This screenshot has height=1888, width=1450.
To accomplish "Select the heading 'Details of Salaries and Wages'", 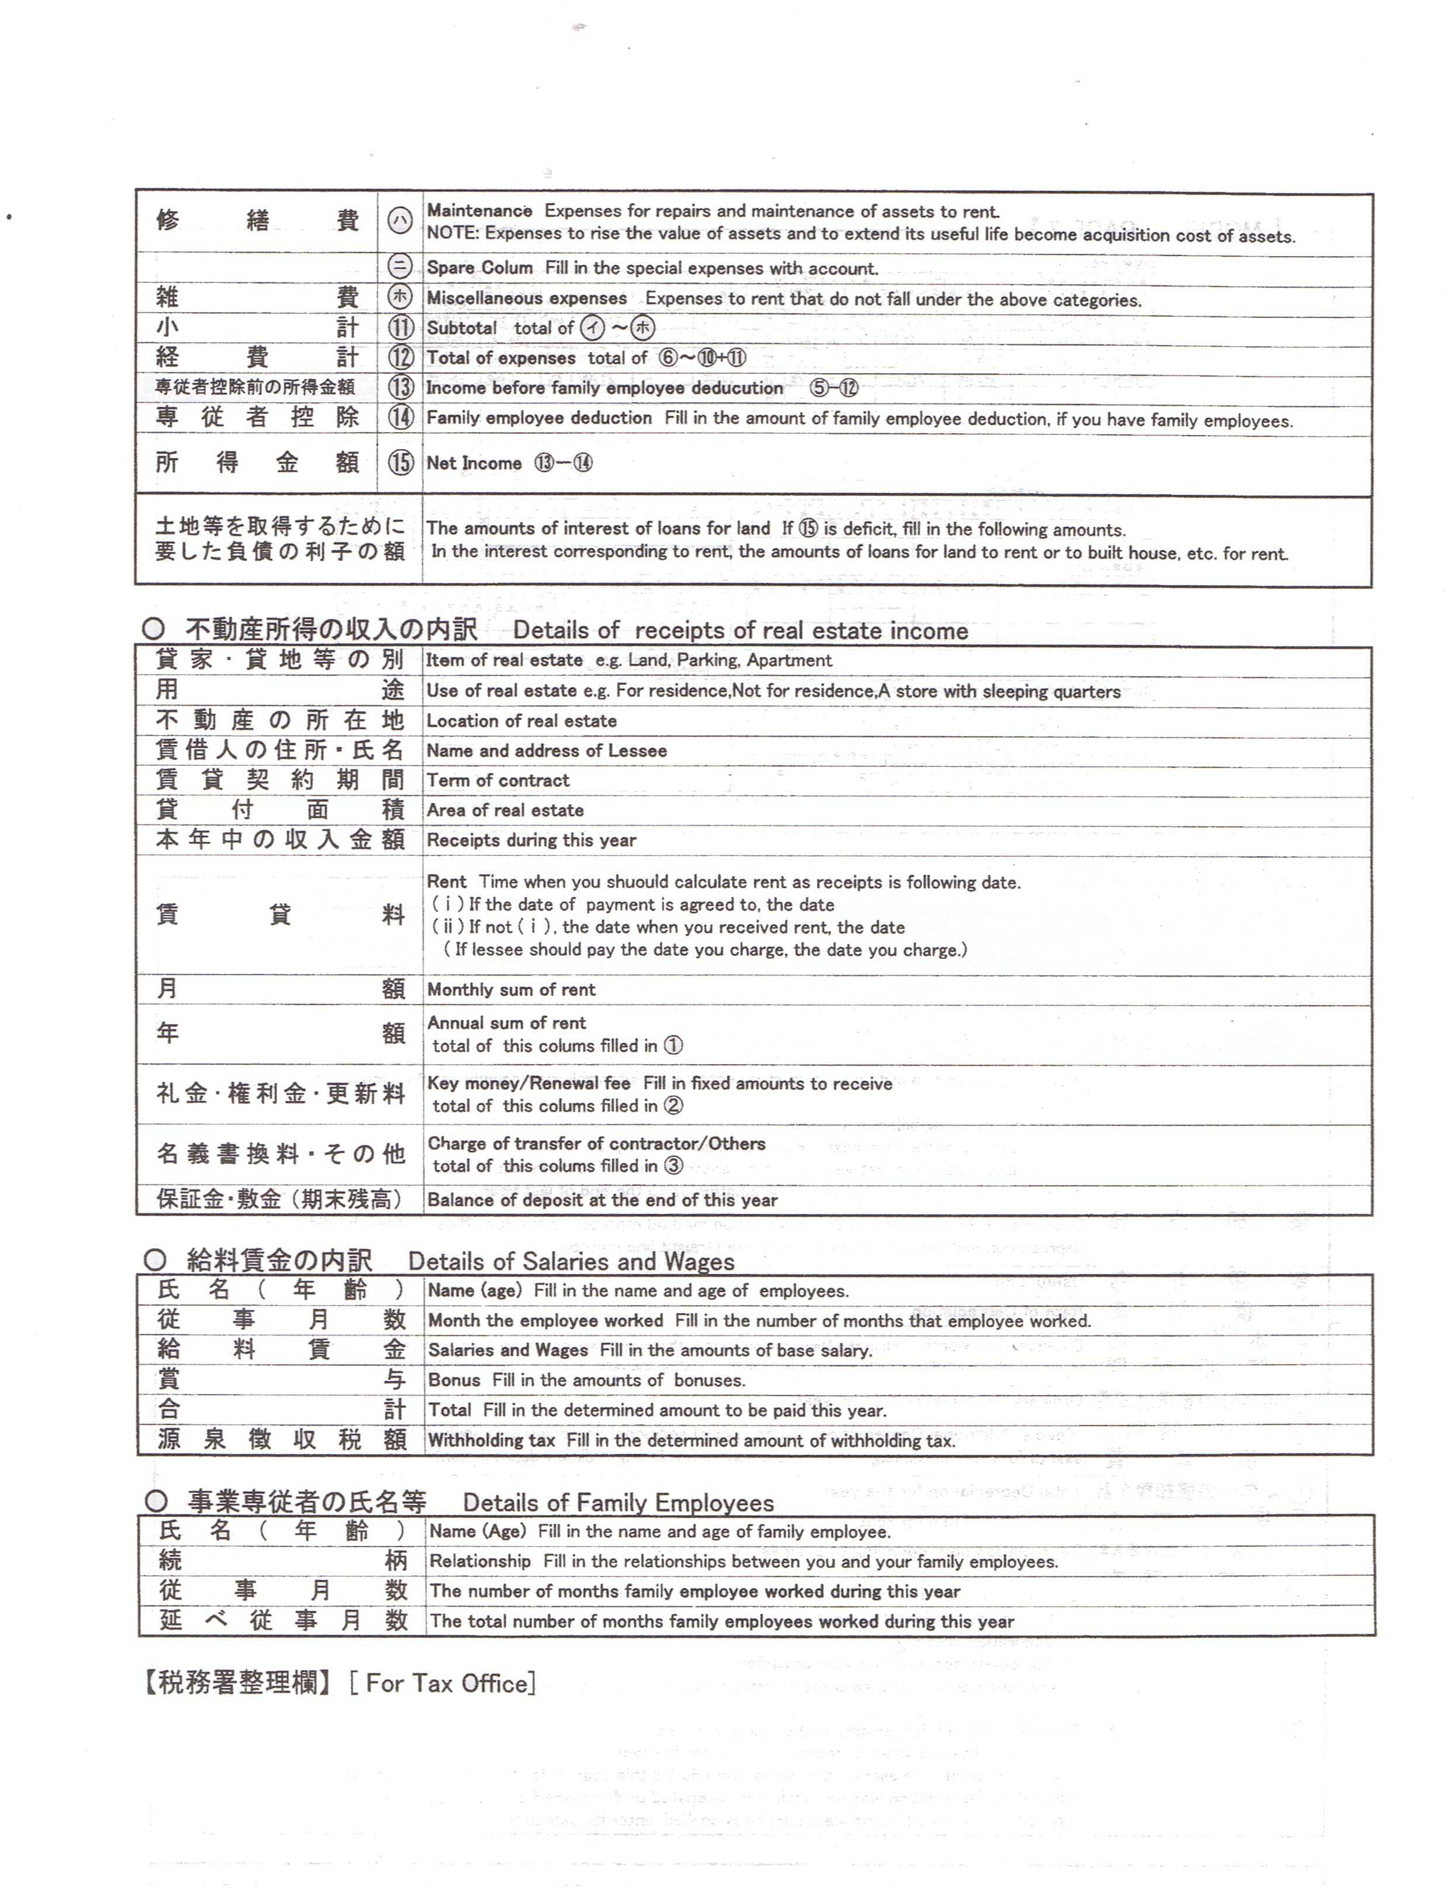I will [571, 1262].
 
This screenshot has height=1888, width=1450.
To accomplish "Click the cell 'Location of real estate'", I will [522, 720].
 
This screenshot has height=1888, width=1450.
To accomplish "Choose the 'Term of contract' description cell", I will [498, 780].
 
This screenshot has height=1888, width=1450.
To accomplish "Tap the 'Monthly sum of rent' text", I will [511, 990].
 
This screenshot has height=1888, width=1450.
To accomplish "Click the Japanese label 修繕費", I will [256, 221].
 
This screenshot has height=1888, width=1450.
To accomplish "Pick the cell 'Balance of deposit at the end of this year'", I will [602, 1199].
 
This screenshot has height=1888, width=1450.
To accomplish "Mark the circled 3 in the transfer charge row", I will [673, 1166].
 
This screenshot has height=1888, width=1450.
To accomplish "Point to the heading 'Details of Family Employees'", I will [618, 1502].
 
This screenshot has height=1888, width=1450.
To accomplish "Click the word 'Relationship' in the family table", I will [480, 1561].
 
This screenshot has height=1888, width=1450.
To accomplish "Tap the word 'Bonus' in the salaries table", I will [454, 1380].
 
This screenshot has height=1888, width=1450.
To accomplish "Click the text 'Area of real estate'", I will [505, 810].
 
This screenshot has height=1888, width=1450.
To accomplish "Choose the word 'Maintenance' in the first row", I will [480, 210].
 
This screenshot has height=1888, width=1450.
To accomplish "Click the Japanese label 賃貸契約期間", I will [279, 780].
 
